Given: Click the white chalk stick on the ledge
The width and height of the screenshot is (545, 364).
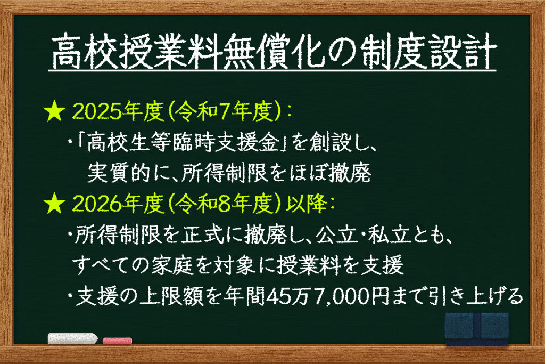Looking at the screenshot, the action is (x=72, y=338).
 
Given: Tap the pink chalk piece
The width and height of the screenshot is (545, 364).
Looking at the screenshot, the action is (x=117, y=341).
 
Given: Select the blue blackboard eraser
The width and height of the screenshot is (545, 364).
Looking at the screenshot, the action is (x=477, y=329).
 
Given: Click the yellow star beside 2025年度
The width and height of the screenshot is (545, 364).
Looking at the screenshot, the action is (x=54, y=111).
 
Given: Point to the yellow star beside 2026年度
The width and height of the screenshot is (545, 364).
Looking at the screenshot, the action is (x=54, y=204).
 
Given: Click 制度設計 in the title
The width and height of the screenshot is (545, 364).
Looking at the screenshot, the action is (x=427, y=52).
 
